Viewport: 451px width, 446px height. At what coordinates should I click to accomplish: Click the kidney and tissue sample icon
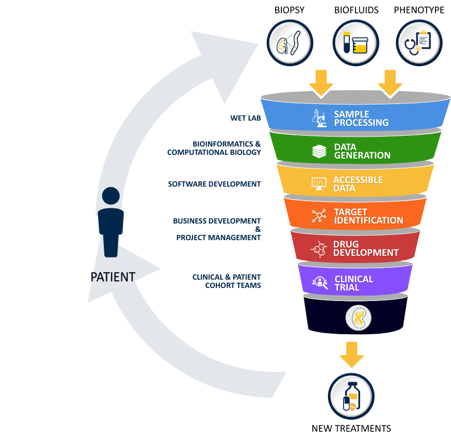point(290,43)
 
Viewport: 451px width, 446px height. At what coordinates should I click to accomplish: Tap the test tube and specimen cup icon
point(356,43)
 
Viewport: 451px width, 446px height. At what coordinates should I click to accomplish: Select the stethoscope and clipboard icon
point(419,43)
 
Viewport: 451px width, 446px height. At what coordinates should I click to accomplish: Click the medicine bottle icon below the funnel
point(351,396)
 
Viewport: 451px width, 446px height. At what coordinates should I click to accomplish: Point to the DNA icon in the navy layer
point(359,318)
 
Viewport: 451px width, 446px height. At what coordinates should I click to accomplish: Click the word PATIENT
point(113,277)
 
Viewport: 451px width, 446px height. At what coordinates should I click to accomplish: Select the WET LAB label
point(245,118)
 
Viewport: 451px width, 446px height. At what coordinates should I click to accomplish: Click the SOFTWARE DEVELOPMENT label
point(214,184)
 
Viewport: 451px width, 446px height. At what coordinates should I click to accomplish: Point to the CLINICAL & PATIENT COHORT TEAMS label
point(226,281)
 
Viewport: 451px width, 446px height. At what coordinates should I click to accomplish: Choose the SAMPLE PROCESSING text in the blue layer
point(361,119)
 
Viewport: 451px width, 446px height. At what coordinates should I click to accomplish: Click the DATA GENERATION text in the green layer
point(362,151)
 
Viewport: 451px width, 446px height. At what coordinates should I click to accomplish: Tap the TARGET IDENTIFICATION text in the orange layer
point(368,216)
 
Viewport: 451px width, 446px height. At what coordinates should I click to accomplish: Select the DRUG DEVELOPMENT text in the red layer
point(365,248)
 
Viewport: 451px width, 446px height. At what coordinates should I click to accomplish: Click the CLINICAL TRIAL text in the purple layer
point(353,283)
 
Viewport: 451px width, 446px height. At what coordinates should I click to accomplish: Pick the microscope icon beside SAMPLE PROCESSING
point(319,118)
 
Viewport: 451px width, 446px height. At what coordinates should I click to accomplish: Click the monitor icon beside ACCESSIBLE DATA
point(318,183)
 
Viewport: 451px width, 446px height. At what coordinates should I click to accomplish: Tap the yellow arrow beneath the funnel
point(352,355)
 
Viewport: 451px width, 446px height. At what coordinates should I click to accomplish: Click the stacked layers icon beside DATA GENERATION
point(319,151)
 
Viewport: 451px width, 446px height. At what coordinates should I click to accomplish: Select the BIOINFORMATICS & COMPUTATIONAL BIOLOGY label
point(214,148)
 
